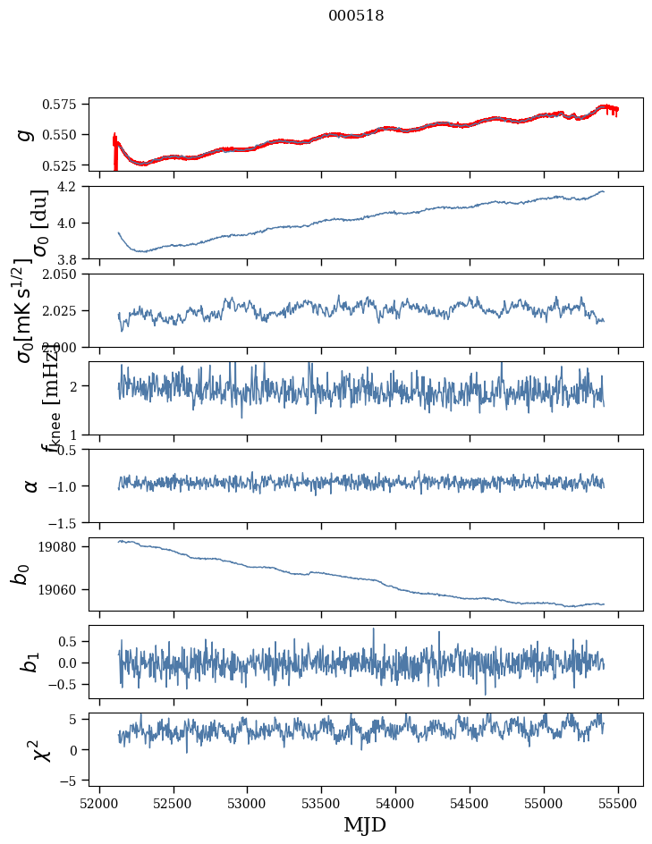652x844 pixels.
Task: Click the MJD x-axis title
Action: click(x=365, y=824)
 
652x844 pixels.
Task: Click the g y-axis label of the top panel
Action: click(x=27, y=134)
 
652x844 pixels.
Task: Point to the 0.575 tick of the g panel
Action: click(x=66, y=105)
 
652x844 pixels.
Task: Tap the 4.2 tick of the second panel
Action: click(x=72, y=187)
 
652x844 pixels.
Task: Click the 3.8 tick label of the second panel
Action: click(x=72, y=259)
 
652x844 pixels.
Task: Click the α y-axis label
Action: click(x=31, y=485)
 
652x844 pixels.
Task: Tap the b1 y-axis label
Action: click(x=31, y=662)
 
